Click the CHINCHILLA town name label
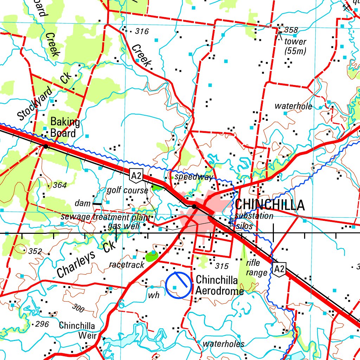270,205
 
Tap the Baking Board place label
65,128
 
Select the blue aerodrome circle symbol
178,285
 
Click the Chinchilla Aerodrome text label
219,285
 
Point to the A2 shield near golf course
136,175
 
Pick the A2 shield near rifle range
279,270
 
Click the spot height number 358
291,30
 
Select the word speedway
194,176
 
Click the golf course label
128,190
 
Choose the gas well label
124,226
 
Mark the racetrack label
127,264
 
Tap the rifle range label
253,268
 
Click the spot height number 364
59,185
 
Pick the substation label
254,216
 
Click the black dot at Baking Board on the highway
46,146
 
